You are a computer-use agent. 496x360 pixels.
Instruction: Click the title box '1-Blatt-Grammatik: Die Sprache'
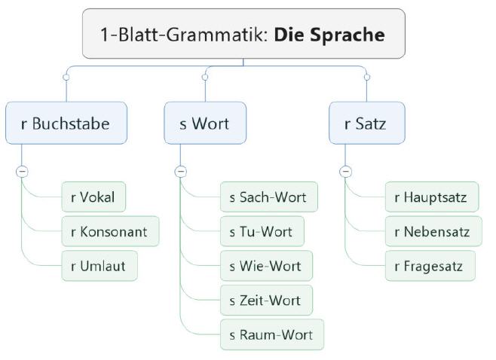click(x=243, y=34)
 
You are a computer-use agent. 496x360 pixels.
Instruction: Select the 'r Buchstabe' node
click(x=66, y=123)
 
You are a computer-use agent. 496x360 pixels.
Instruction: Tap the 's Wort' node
click(x=205, y=123)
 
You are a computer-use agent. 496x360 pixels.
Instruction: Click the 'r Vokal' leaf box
click(x=93, y=197)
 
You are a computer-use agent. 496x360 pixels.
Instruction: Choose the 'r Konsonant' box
click(x=110, y=231)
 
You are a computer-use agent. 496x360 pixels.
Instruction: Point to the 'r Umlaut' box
click(x=100, y=266)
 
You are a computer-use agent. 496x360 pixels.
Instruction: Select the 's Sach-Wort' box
click(x=268, y=197)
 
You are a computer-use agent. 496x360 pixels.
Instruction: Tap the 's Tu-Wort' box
click(x=262, y=231)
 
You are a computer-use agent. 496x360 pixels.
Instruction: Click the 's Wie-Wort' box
click(x=265, y=266)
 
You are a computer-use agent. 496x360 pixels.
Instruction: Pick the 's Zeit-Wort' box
click(x=265, y=300)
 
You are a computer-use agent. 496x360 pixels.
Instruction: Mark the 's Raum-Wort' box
click(x=271, y=334)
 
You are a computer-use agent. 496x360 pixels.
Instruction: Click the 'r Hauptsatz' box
click(x=431, y=197)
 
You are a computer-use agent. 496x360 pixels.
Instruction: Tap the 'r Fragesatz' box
click(x=430, y=266)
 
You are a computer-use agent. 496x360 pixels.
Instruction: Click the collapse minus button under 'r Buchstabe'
click(x=22, y=172)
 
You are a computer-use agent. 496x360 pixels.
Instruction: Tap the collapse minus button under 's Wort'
click(x=180, y=172)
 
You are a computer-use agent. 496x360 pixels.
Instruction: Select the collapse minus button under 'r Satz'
click(x=345, y=172)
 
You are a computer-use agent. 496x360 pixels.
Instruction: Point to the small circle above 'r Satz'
click(x=367, y=77)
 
